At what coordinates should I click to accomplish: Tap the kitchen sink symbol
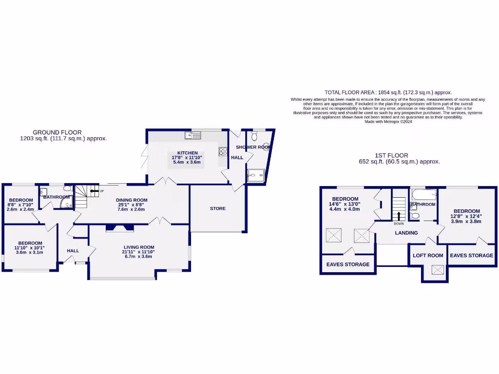point(189,135)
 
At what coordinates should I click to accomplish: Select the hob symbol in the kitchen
point(223,151)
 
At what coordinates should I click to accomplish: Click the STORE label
point(218,208)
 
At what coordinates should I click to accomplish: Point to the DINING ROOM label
point(132,200)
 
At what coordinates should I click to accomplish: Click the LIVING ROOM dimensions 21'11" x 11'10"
point(139,252)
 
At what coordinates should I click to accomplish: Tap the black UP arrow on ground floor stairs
point(92,191)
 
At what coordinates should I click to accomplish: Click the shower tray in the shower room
point(256,175)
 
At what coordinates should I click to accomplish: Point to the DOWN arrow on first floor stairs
point(399,216)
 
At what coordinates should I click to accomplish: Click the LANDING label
point(406,233)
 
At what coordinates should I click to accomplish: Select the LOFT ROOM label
point(428,255)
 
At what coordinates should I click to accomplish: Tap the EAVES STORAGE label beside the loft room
point(471,255)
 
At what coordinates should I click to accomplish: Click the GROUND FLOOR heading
point(57,132)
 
